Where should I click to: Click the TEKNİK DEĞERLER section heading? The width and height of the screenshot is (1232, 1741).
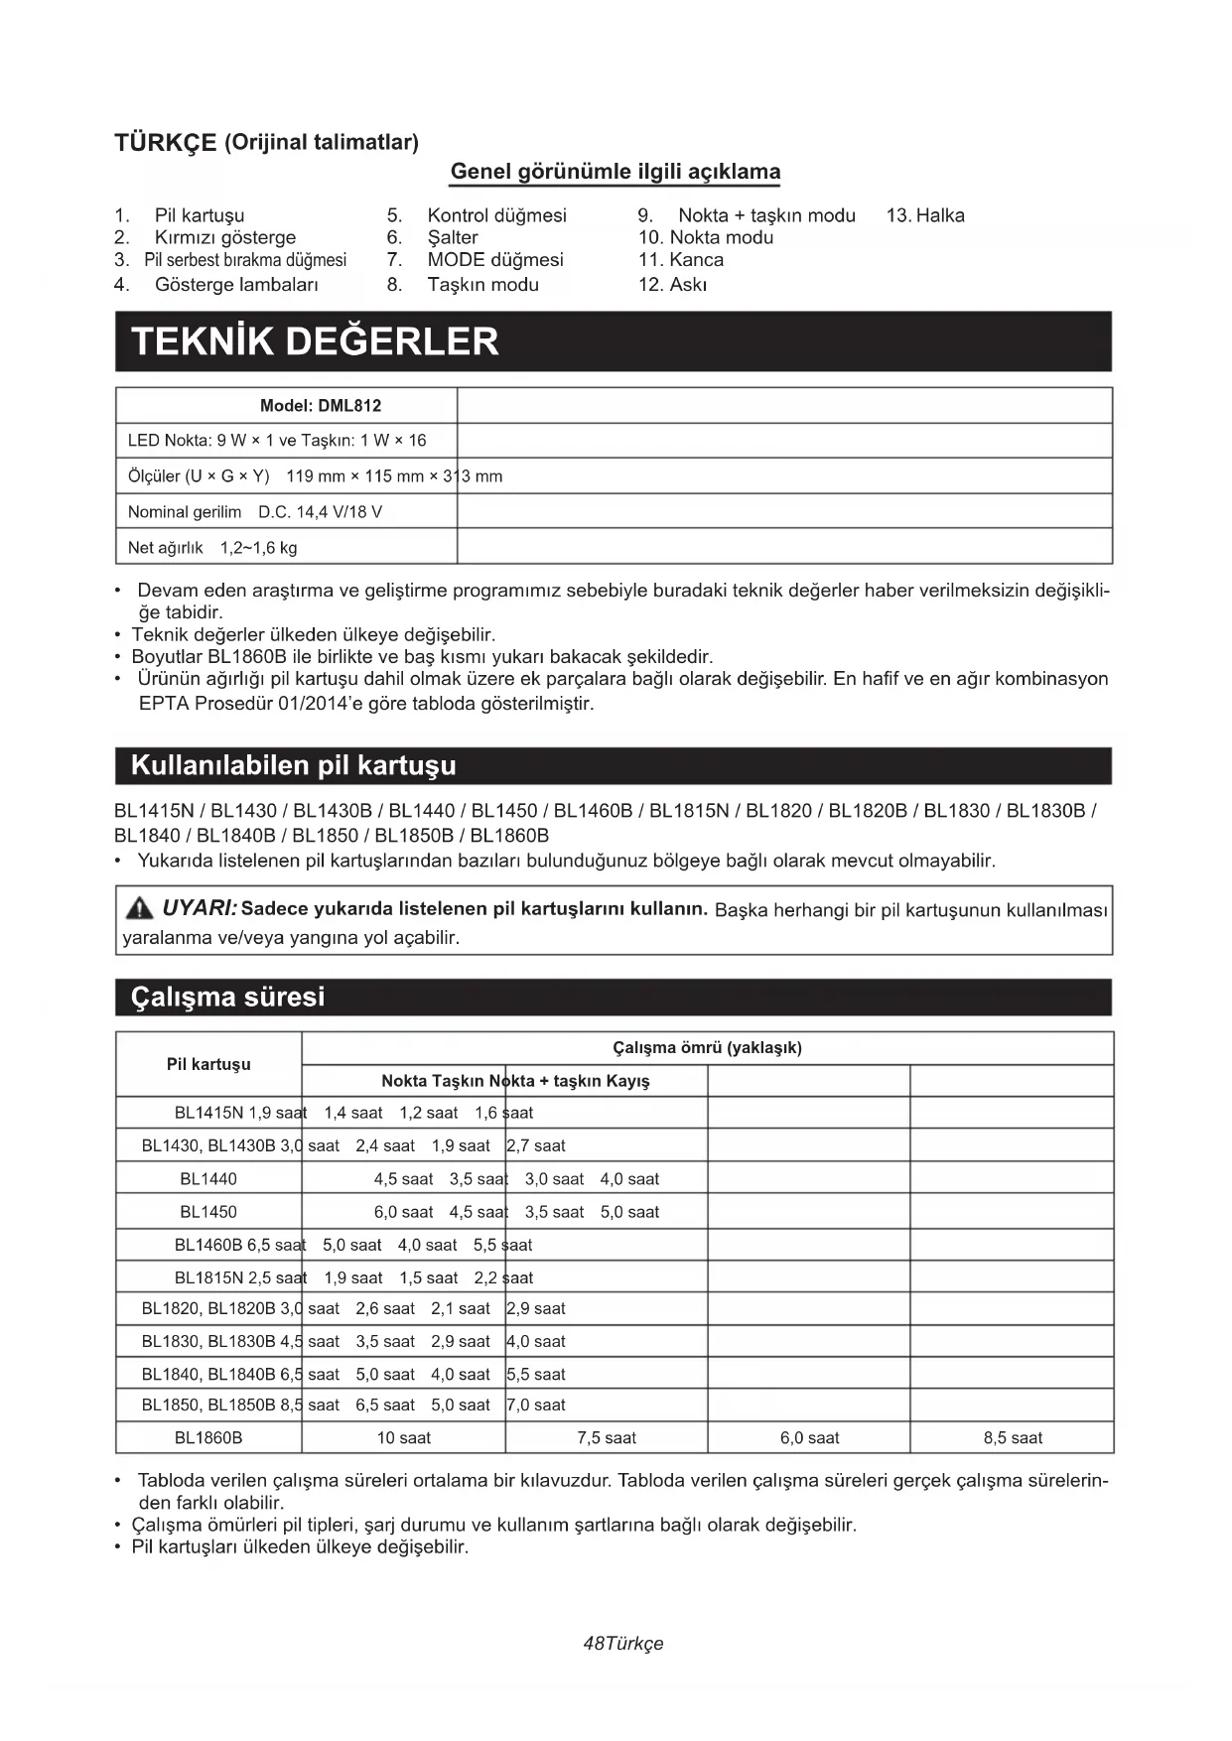point(316,341)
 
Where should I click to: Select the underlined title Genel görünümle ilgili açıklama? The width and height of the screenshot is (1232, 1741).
point(616,172)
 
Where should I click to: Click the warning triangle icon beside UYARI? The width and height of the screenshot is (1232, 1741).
point(140,908)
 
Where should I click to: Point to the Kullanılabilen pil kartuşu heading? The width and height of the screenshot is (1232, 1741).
point(294,765)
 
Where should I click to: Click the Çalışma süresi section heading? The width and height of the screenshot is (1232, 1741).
point(228,997)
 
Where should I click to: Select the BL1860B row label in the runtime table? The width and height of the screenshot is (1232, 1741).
point(208,1437)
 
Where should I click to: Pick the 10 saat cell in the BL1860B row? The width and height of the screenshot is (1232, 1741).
point(403,1437)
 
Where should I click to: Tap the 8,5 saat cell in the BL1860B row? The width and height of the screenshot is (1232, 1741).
point(1013,1437)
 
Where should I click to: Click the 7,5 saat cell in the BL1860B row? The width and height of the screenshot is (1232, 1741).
point(607,1437)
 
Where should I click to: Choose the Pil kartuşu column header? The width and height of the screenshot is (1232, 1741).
point(208,1064)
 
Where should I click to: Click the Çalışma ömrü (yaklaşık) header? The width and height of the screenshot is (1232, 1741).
point(707,1048)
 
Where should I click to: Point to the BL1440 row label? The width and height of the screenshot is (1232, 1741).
point(208,1179)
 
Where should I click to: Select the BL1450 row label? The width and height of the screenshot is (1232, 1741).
point(208,1212)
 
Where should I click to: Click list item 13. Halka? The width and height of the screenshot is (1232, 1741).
point(925,215)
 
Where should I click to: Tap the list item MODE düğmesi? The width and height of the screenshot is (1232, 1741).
point(494,260)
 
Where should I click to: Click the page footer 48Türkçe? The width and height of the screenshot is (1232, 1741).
point(623,1644)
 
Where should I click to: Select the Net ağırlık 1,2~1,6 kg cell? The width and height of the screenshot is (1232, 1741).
point(212,548)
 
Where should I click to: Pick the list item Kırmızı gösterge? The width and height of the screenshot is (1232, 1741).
point(224,237)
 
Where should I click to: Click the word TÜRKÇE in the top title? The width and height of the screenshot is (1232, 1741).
point(165,143)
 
